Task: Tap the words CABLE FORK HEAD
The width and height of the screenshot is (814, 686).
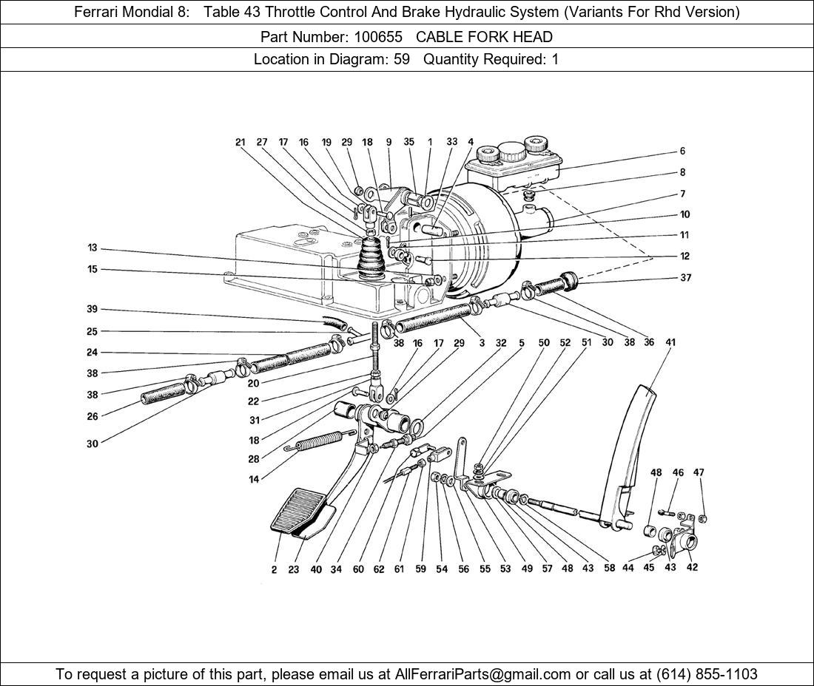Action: point(484,36)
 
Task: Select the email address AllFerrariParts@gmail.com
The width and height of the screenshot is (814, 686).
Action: point(483,674)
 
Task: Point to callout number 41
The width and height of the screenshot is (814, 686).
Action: point(670,342)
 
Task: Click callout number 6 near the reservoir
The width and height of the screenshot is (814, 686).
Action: point(682,151)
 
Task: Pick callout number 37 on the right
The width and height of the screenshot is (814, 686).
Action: point(685,278)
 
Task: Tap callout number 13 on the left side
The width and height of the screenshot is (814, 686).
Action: point(92,248)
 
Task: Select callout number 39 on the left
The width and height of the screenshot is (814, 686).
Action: point(92,309)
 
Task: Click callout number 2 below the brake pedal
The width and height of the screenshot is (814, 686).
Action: point(274,569)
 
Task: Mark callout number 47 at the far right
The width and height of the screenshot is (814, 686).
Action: point(699,472)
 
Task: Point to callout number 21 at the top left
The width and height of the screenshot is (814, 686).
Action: point(240,142)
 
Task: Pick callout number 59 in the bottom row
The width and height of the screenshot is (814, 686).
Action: point(420,569)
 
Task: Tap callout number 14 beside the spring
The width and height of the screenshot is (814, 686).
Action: point(254,479)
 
